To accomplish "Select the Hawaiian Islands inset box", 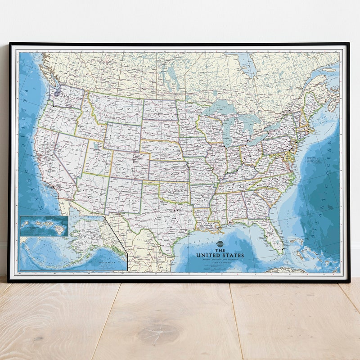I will pyautogui.click(x=44, y=226).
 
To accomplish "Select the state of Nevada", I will pyautogui.click(x=67, y=155).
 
